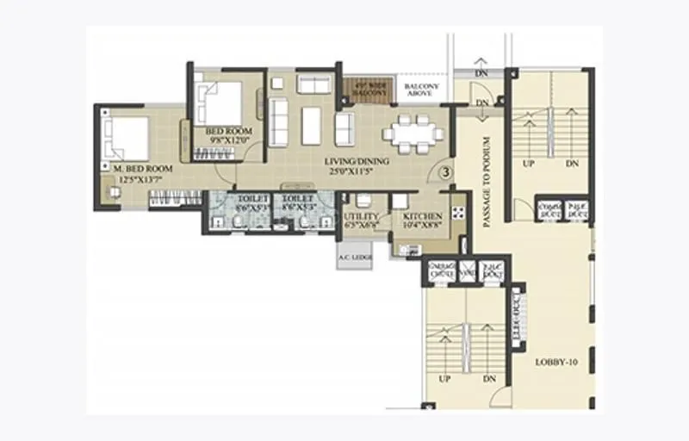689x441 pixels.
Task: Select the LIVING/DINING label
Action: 356,161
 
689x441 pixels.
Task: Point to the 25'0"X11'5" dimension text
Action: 356,172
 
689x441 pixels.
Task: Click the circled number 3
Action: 446,171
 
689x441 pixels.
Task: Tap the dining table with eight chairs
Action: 413,134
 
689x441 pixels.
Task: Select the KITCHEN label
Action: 422,216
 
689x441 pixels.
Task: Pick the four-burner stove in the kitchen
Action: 457,209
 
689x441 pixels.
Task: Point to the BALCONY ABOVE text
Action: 422,91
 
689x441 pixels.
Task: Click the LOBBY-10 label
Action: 556,362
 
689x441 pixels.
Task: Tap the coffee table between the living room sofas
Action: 310,125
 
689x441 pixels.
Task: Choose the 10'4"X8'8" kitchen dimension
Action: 422,227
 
